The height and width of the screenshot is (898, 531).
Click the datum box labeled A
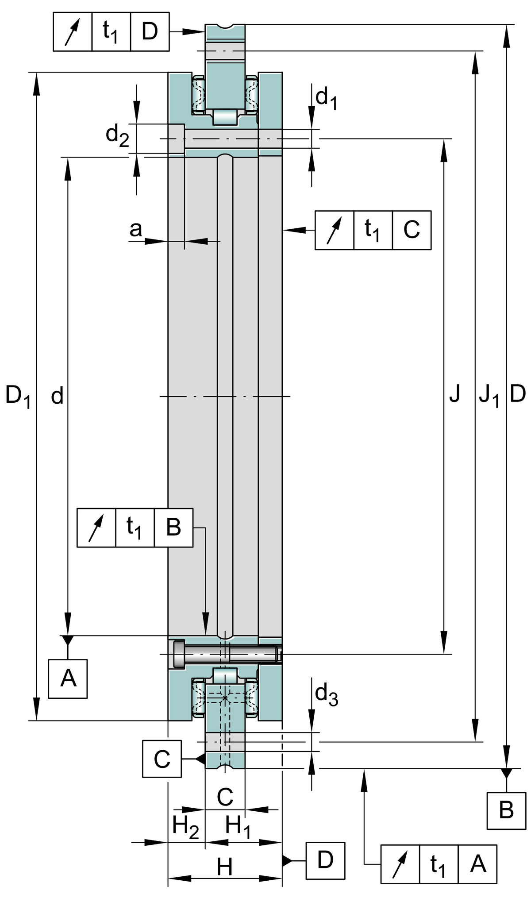pyautogui.click(x=68, y=678)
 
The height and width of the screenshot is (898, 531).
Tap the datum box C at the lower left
pyautogui.click(x=162, y=759)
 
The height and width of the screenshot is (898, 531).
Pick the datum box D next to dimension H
pyautogui.click(x=325, y=860)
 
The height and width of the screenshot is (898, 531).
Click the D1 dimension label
pyautogui.click(x=18, y=396)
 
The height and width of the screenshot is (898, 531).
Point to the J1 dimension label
pyautogui.click(x=489, y=395)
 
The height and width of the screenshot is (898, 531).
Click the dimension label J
pyautogui.click(x=454, y=393)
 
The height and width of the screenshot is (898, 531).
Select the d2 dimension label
pyautogui.click(x=117, y=135)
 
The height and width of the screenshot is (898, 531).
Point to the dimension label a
pyautogui.click(x=136, y=229)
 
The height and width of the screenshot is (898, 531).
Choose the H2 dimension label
pyautogui.click(x=185, y=825)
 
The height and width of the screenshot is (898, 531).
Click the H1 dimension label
pyautogui.click(x=238, y=825)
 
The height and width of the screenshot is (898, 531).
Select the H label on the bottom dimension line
pyautogui.click(x=225, y=867)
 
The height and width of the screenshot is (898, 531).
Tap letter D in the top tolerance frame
pyautogui.click(x=150, y=32)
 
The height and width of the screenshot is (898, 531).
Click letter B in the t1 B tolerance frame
pyautogui.click(x=173, y=528)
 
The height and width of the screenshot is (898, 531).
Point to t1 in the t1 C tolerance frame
pyautogui.click(x=373, y=230)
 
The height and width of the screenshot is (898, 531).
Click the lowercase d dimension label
pyautogui.click(x=58, y=396)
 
